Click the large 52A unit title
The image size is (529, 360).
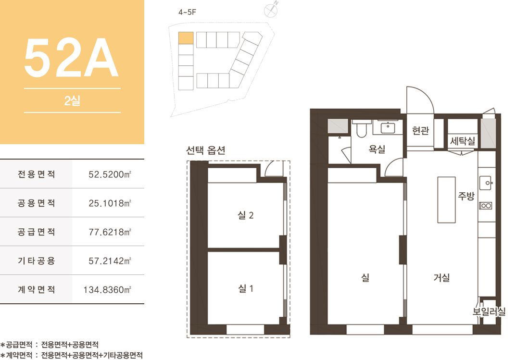[71, 58]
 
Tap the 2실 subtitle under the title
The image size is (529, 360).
[72, 100]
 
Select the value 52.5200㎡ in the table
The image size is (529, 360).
[110, 174]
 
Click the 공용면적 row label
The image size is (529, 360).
[36, 203]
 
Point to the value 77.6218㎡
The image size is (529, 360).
[110, 232]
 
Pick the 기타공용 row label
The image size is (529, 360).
[36, 261]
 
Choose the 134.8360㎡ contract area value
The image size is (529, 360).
[107, 289]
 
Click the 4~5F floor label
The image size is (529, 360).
[187, 12]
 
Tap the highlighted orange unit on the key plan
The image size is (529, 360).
[186, 38]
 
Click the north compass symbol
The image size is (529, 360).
[271, 10]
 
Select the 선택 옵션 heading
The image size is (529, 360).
[206, 150]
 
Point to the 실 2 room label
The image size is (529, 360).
[246, 215]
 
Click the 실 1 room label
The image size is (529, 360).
[246, 288]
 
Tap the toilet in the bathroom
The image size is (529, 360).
[361, 128]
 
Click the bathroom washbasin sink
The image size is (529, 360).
[388, 128]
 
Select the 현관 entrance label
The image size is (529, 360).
[420, 130]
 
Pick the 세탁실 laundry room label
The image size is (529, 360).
[463, 140]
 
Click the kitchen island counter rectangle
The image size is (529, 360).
[446, 199]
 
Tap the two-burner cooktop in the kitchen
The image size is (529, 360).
[486, 205]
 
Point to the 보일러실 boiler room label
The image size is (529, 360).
[489, 311]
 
